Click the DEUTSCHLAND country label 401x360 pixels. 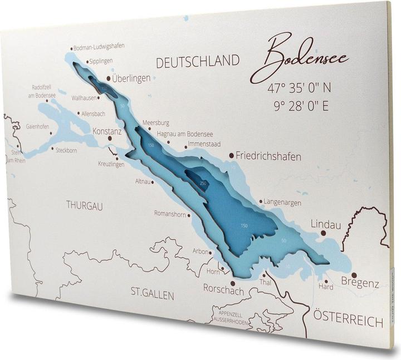[197, 62]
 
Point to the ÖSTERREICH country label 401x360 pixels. [348, 319]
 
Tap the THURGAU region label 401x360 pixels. [85, 205]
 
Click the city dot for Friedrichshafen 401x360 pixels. [232, 156]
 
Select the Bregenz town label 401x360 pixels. [360, 284]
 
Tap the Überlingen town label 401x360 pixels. [131, 78]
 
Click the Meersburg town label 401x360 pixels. [155, 123]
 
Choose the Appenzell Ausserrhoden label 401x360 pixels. [226, 317]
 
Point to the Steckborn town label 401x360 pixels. [66, 150]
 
